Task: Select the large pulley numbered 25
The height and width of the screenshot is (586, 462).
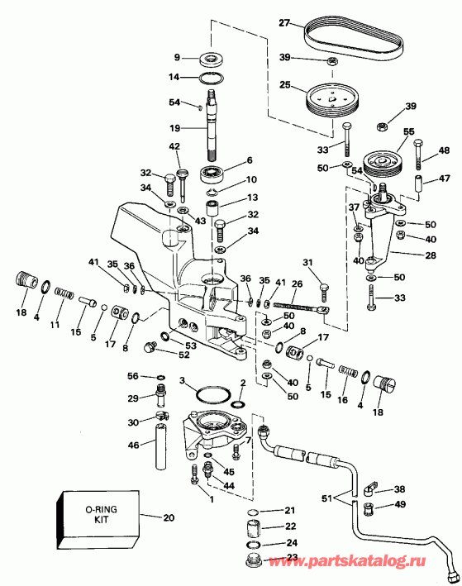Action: point(333,100)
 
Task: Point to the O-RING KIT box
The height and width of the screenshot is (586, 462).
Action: point(98,520)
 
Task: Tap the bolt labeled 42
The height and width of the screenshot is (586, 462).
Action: point(182,169)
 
